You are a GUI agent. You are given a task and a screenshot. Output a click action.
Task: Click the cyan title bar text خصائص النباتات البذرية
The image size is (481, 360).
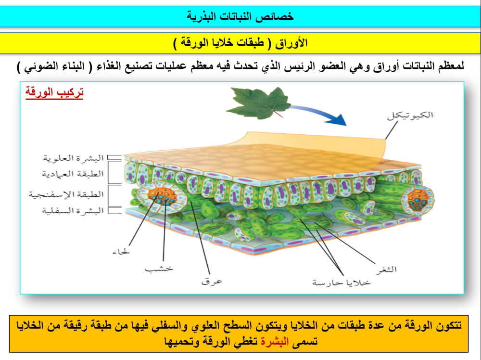240,16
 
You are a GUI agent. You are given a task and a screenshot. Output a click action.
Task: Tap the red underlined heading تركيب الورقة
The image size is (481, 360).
54,92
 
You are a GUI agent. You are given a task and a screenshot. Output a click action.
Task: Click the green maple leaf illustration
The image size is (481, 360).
258,103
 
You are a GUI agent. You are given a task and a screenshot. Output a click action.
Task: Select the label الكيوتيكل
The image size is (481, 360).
410,116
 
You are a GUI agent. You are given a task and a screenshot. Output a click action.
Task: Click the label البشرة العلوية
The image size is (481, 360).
73,158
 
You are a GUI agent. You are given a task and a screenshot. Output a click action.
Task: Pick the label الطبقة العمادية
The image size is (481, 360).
73,174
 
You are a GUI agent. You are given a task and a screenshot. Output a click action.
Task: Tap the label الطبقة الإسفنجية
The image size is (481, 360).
66,194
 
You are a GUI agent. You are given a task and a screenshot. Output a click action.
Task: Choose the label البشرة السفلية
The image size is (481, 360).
73,210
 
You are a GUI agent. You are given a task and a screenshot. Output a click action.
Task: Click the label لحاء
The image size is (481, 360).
121,252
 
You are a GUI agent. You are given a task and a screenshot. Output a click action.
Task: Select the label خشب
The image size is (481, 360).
159,269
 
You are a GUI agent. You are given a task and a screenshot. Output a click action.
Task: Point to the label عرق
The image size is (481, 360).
212,281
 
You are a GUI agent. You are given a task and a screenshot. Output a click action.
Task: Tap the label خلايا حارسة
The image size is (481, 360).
341,283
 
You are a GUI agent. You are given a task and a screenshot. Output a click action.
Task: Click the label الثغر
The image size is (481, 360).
386,270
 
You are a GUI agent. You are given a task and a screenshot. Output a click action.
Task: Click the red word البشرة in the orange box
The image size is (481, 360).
275,341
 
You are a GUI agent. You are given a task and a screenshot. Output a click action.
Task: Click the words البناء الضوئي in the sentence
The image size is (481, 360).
54,66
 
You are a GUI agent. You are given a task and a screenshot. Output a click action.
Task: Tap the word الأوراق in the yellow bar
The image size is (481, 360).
291,43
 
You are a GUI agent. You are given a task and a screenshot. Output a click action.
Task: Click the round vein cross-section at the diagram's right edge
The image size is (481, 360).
418,199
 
